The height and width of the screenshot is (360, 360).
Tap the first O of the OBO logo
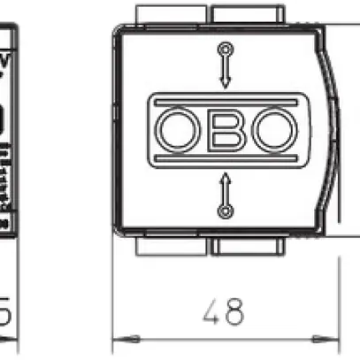tap(179, 129)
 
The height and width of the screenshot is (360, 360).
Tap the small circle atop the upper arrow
tap(226, 48)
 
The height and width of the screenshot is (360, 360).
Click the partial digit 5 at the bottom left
tap(4, 310)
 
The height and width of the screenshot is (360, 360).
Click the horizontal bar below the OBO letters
tap(226, 158)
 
